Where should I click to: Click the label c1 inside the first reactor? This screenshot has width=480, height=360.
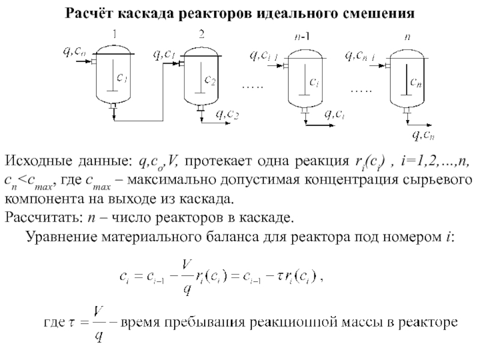(122, 78)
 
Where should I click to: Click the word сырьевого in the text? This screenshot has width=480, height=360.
(445, 181)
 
